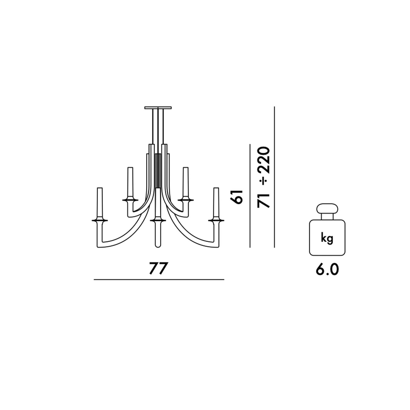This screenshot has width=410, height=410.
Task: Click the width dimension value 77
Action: pos(158,268)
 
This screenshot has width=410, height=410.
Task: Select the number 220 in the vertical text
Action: pos(264,160)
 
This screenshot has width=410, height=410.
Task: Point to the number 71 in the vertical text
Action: pos(264,201)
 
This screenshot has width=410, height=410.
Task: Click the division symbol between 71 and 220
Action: pos(264,182)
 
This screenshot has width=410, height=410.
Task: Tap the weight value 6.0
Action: pos(327,269)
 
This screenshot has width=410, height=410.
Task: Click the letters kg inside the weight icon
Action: pos(327,239)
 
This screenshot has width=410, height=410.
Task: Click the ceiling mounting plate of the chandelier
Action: pos(158,108)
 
